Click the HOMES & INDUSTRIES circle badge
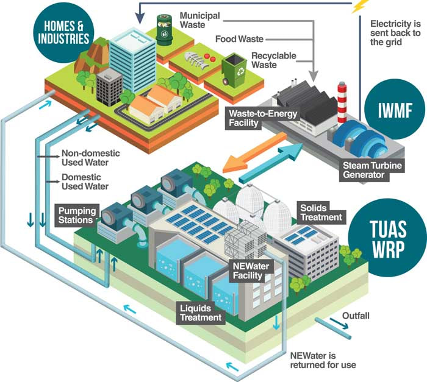coord(63,32)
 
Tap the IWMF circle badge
coord(395,109)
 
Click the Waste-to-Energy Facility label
coord(262,118)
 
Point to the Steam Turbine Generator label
coord(372,170)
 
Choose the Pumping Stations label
coord(77,215)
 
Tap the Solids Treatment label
coord(321,213)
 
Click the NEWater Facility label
coord(251,271)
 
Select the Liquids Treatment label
coord(201,313)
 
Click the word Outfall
coord(356,316)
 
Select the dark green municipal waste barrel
coord(164,29)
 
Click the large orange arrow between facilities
coord(254,153)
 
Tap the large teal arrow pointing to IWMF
coord(271,163)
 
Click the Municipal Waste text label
coord(199,20)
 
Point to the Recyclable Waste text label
coord(274,60)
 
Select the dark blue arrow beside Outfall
coord(339,323)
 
